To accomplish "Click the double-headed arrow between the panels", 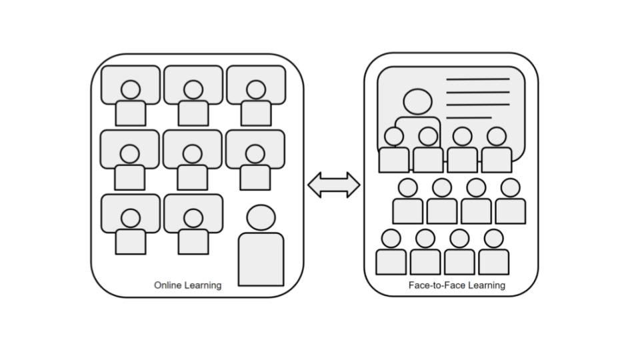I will [333, 185].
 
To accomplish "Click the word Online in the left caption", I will [168, 285].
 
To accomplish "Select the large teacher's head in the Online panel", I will [261, 218].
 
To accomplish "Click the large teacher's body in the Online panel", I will [261, 260].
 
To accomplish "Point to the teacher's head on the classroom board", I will [417, 102].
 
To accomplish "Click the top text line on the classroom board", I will [477, 79].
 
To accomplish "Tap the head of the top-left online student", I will [131, 89].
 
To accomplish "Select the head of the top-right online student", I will [256, 89].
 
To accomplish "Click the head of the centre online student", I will [193, 154].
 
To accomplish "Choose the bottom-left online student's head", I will [131, 218].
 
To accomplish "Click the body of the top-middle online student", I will [193, 113].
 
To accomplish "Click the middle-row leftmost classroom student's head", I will [407, 188].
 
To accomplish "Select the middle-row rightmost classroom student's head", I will [510, 188].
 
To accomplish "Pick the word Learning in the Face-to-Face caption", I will [486, 285].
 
